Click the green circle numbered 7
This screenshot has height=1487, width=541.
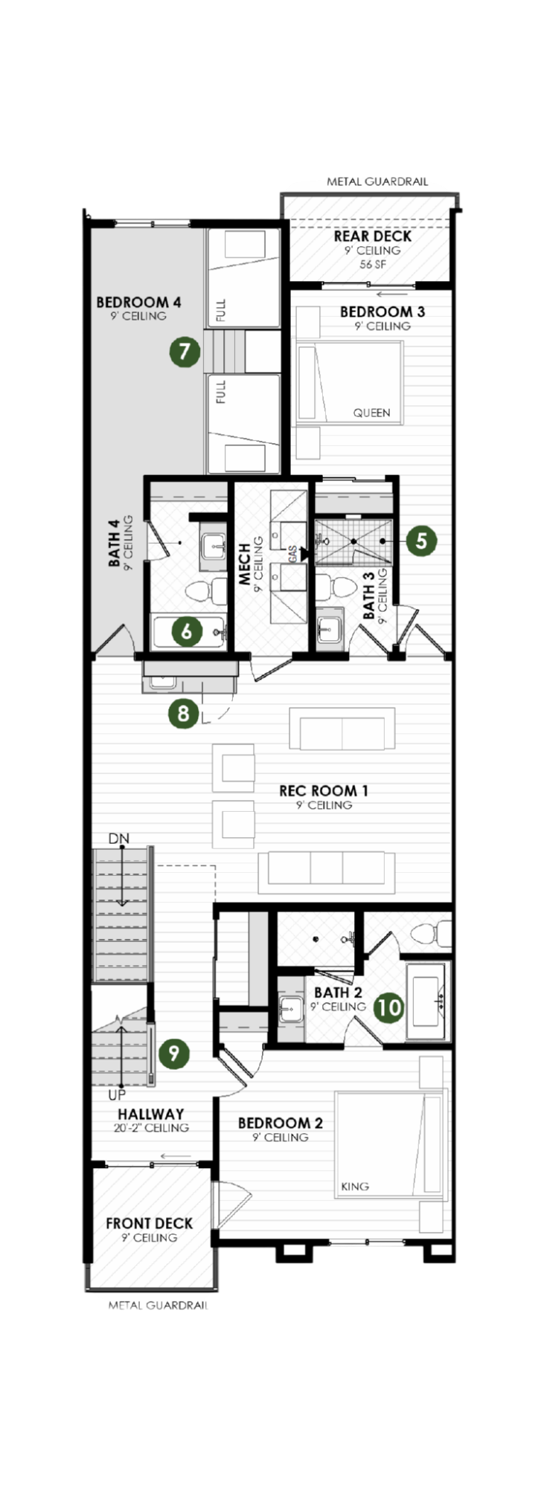(185, 351)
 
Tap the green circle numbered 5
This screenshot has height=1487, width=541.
(421, 541)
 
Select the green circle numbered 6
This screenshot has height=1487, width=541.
(187, 631)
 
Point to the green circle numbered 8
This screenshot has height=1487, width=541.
(183, 714)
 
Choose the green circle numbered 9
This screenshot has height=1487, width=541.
(173, 1053)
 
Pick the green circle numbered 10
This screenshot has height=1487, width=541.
(388, 1007)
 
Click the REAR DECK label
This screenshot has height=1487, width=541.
(372, 236)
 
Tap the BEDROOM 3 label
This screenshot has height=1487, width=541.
(382, 312)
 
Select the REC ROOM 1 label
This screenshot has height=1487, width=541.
(324, 791)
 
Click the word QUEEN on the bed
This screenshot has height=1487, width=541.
(371, 413)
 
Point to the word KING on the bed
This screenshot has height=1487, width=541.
(355, 1187)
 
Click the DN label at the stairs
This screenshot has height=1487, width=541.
(118, 839)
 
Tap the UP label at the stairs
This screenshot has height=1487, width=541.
(117, 1095)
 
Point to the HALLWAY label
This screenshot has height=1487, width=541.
(150, 1115)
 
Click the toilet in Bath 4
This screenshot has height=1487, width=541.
(206, 592)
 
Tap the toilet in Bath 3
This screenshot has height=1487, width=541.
(336, 585)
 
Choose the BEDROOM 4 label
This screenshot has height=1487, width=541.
(138, 303)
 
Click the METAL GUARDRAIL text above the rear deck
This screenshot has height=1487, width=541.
(377, 181)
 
